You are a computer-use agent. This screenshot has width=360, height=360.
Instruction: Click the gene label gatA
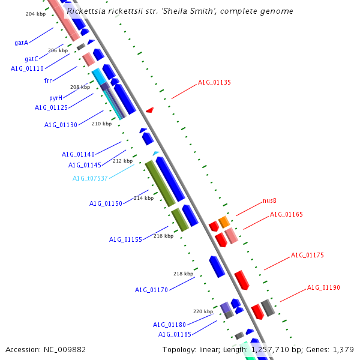click(x=22, y=43)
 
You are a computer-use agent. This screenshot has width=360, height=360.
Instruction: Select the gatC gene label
click(x=31, y=59)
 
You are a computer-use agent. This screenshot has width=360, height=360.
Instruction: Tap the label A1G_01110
click(x=27, y=68)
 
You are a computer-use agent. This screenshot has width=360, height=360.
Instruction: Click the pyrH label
click(x=56, y=97)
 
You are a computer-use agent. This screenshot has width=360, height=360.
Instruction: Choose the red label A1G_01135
click(x=214, y=83)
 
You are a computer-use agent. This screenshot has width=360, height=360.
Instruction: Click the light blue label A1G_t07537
click(x=90, y=178)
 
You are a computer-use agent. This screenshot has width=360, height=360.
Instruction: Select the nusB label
click(x=269, y=200)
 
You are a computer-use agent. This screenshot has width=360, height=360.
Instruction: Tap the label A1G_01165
click(x=286, y=214)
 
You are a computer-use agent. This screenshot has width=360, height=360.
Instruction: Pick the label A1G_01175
click(x=307, y=255)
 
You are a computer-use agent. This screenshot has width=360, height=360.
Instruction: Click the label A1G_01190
click(x=323, y=287)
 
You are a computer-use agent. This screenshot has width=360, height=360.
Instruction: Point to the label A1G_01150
click(x=106, y=203)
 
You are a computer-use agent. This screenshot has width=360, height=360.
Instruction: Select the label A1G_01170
click(x=151, y=290)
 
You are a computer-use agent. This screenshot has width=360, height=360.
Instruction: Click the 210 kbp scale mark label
click(x=101, y=124)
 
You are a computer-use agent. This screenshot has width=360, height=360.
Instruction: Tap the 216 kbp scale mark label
click(x=163, y=236)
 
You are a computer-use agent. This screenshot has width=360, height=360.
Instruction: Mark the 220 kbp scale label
click(x=203, y=311)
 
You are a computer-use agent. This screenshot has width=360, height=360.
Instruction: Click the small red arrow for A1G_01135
click(x=149, y=110)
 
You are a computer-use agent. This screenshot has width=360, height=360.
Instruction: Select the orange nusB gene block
click(x=224, y=222)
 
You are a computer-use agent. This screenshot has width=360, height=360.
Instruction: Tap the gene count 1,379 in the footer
click(x=343, y=349)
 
